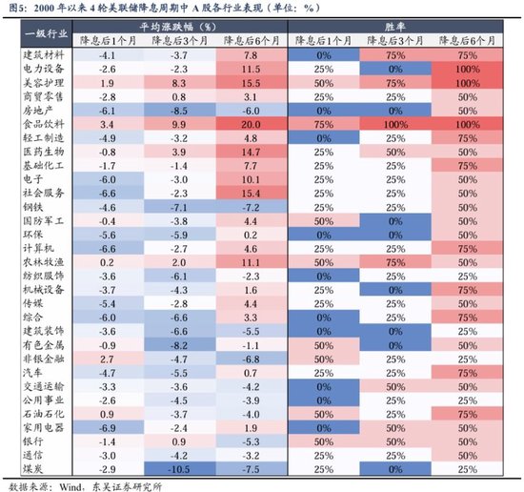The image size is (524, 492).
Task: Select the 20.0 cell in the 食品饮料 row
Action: tap(252, 124)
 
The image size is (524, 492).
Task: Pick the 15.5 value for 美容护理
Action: tap(252, 83)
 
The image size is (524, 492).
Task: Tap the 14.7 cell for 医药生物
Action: tap(252, 152)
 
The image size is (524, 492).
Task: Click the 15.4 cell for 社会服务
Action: tap(252, 194)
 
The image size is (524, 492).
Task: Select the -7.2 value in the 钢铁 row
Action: tap(252, 207)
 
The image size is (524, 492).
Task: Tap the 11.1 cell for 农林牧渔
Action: tap(252, 262)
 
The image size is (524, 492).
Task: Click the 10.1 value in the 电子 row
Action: tap(252, 179)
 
